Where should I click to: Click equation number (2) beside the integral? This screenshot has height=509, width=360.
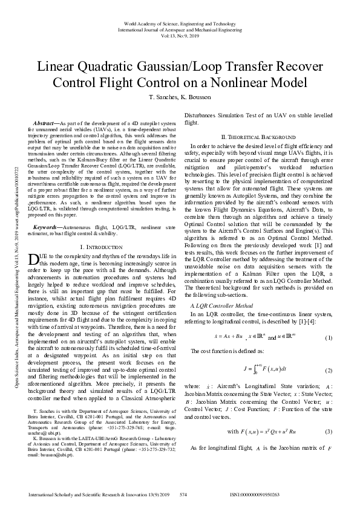[x=329, y=370]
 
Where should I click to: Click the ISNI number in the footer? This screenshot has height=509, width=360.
[x=255, y=494]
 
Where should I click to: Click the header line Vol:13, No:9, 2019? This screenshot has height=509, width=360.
[x=180, y=36]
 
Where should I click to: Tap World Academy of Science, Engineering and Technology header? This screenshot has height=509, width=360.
[x=180, y=23]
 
